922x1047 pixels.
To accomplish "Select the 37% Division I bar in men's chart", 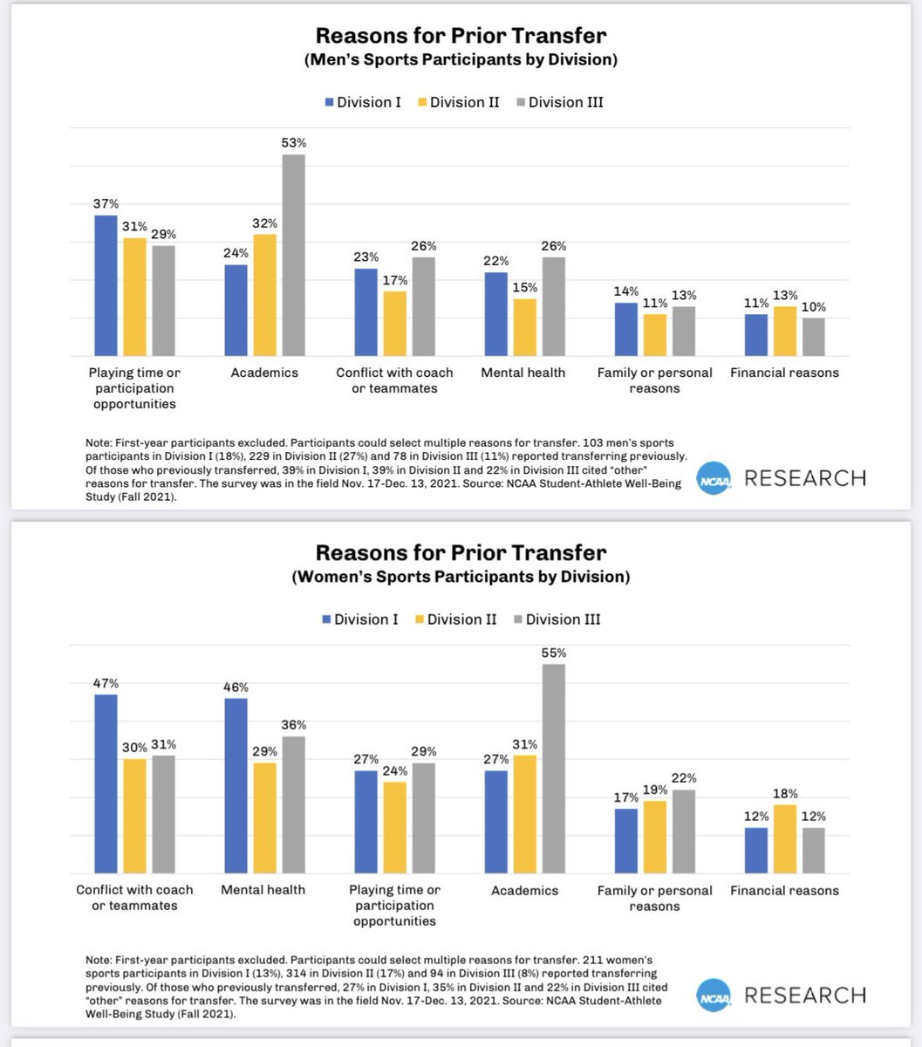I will click(x=106, y=285).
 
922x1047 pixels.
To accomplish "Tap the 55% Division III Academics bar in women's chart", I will click(x=553, y=768).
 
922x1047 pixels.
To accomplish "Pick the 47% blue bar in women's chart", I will click(x=106, y=784).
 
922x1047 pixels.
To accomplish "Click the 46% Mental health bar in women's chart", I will click(x=236, y=785).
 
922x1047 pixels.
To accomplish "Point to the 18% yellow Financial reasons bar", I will click(x=784, y=838).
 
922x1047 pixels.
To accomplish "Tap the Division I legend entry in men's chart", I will click(x=364, y=102).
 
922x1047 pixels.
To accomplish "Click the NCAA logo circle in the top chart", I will click(x=714, y=479).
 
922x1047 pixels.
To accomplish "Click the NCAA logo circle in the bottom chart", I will click(x=714, y=996).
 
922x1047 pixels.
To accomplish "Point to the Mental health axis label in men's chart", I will click(x=523, y=373).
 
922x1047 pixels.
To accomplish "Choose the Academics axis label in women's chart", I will click(x=523, y=890).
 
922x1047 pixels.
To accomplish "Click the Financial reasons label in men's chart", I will click(x=784, y=373).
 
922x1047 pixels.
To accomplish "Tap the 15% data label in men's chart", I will click(x=524, y=287).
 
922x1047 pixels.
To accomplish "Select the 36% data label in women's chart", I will click(x=294, y=725).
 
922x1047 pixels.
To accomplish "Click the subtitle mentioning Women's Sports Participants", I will click(x=461, y=577).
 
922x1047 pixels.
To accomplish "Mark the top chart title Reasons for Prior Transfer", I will click(x=461, y=36).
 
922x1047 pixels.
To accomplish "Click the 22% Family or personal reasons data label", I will click(x=684, y=778).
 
